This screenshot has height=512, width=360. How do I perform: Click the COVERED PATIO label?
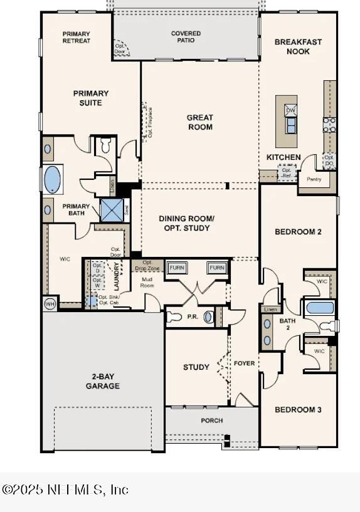tap(186, 37)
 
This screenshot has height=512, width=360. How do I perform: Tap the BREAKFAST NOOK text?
tap(298, 46)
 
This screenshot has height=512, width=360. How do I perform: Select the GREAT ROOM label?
tap(199, 122)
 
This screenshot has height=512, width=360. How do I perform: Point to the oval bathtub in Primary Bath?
tap(52, 179)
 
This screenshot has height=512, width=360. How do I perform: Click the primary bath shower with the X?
tap(112, 211)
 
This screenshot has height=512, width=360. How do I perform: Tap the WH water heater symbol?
tap(50, 304)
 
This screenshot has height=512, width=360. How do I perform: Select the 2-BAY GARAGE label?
tap(103, 382)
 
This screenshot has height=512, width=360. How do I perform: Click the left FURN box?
tap(177, 268)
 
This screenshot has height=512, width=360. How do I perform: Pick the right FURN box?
tap(216, 268)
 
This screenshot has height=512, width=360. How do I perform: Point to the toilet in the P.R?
tap(176, 317)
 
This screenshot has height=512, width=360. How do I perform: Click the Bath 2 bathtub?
tap(320, 308)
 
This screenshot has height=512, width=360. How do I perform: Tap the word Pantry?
tap(314, 179)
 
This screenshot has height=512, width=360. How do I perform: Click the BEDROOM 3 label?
tap(298, 409)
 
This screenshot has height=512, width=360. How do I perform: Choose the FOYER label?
tap(245, 363)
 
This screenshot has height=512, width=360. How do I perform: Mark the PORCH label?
tap(211, 421)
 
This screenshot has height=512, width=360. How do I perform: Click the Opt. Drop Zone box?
tap(148, 266)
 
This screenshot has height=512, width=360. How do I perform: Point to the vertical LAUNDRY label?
tap(117, 276)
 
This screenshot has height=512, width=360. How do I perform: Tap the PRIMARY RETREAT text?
tap(76, 38)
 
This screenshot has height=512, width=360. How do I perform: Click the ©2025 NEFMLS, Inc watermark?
tap(65, 489)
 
